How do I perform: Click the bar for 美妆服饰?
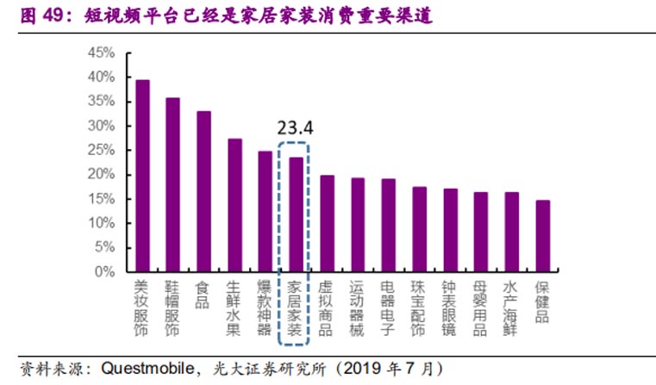click(x=142, y=176)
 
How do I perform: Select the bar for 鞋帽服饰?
click(x=172, y=184)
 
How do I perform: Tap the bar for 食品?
click(x=203, y=191)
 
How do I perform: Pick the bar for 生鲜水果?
click(x=234, y=205)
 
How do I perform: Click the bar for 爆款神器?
click(x=265, y=211)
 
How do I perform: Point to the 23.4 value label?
click(x=295, y=128)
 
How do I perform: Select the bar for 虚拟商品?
click(x=327, y=223)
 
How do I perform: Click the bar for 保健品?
click(x=542, y=236)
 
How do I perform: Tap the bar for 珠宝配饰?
click(x=419, y=229)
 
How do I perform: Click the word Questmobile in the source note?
click(x=144, y=369)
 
